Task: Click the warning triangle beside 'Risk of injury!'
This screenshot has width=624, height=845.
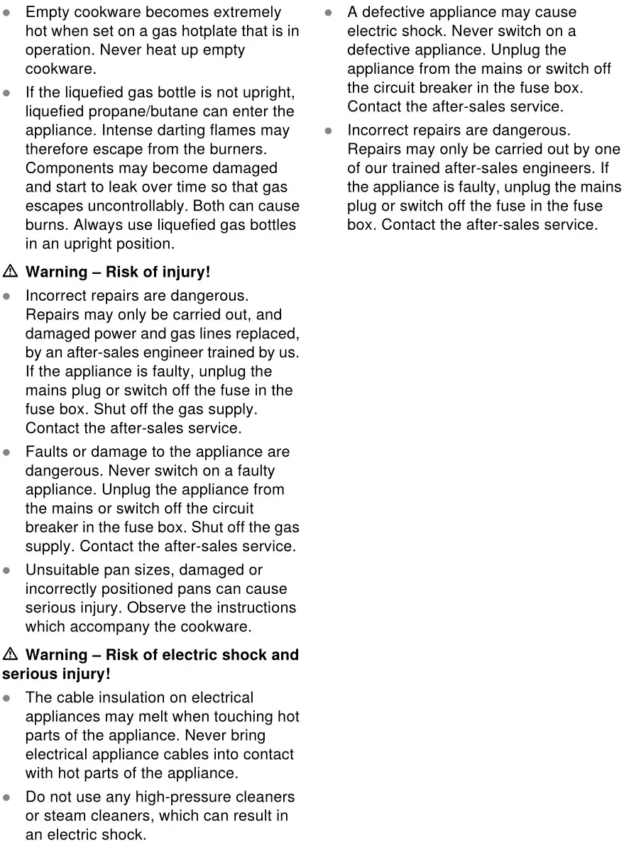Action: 10,272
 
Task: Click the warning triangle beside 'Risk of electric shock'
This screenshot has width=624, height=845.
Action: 10,655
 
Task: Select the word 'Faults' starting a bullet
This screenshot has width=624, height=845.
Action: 46,452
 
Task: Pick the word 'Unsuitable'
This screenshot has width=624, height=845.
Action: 60,570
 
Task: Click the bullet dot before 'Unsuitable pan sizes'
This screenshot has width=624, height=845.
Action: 6,570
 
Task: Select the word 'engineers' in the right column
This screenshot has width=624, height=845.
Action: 559,168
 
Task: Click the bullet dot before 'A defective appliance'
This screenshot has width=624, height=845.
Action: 329,13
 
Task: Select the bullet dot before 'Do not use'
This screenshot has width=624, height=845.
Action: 6,797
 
